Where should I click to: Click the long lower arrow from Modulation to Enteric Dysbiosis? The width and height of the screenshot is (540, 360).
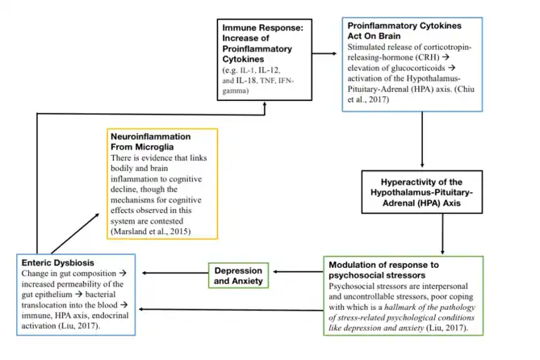226,309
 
